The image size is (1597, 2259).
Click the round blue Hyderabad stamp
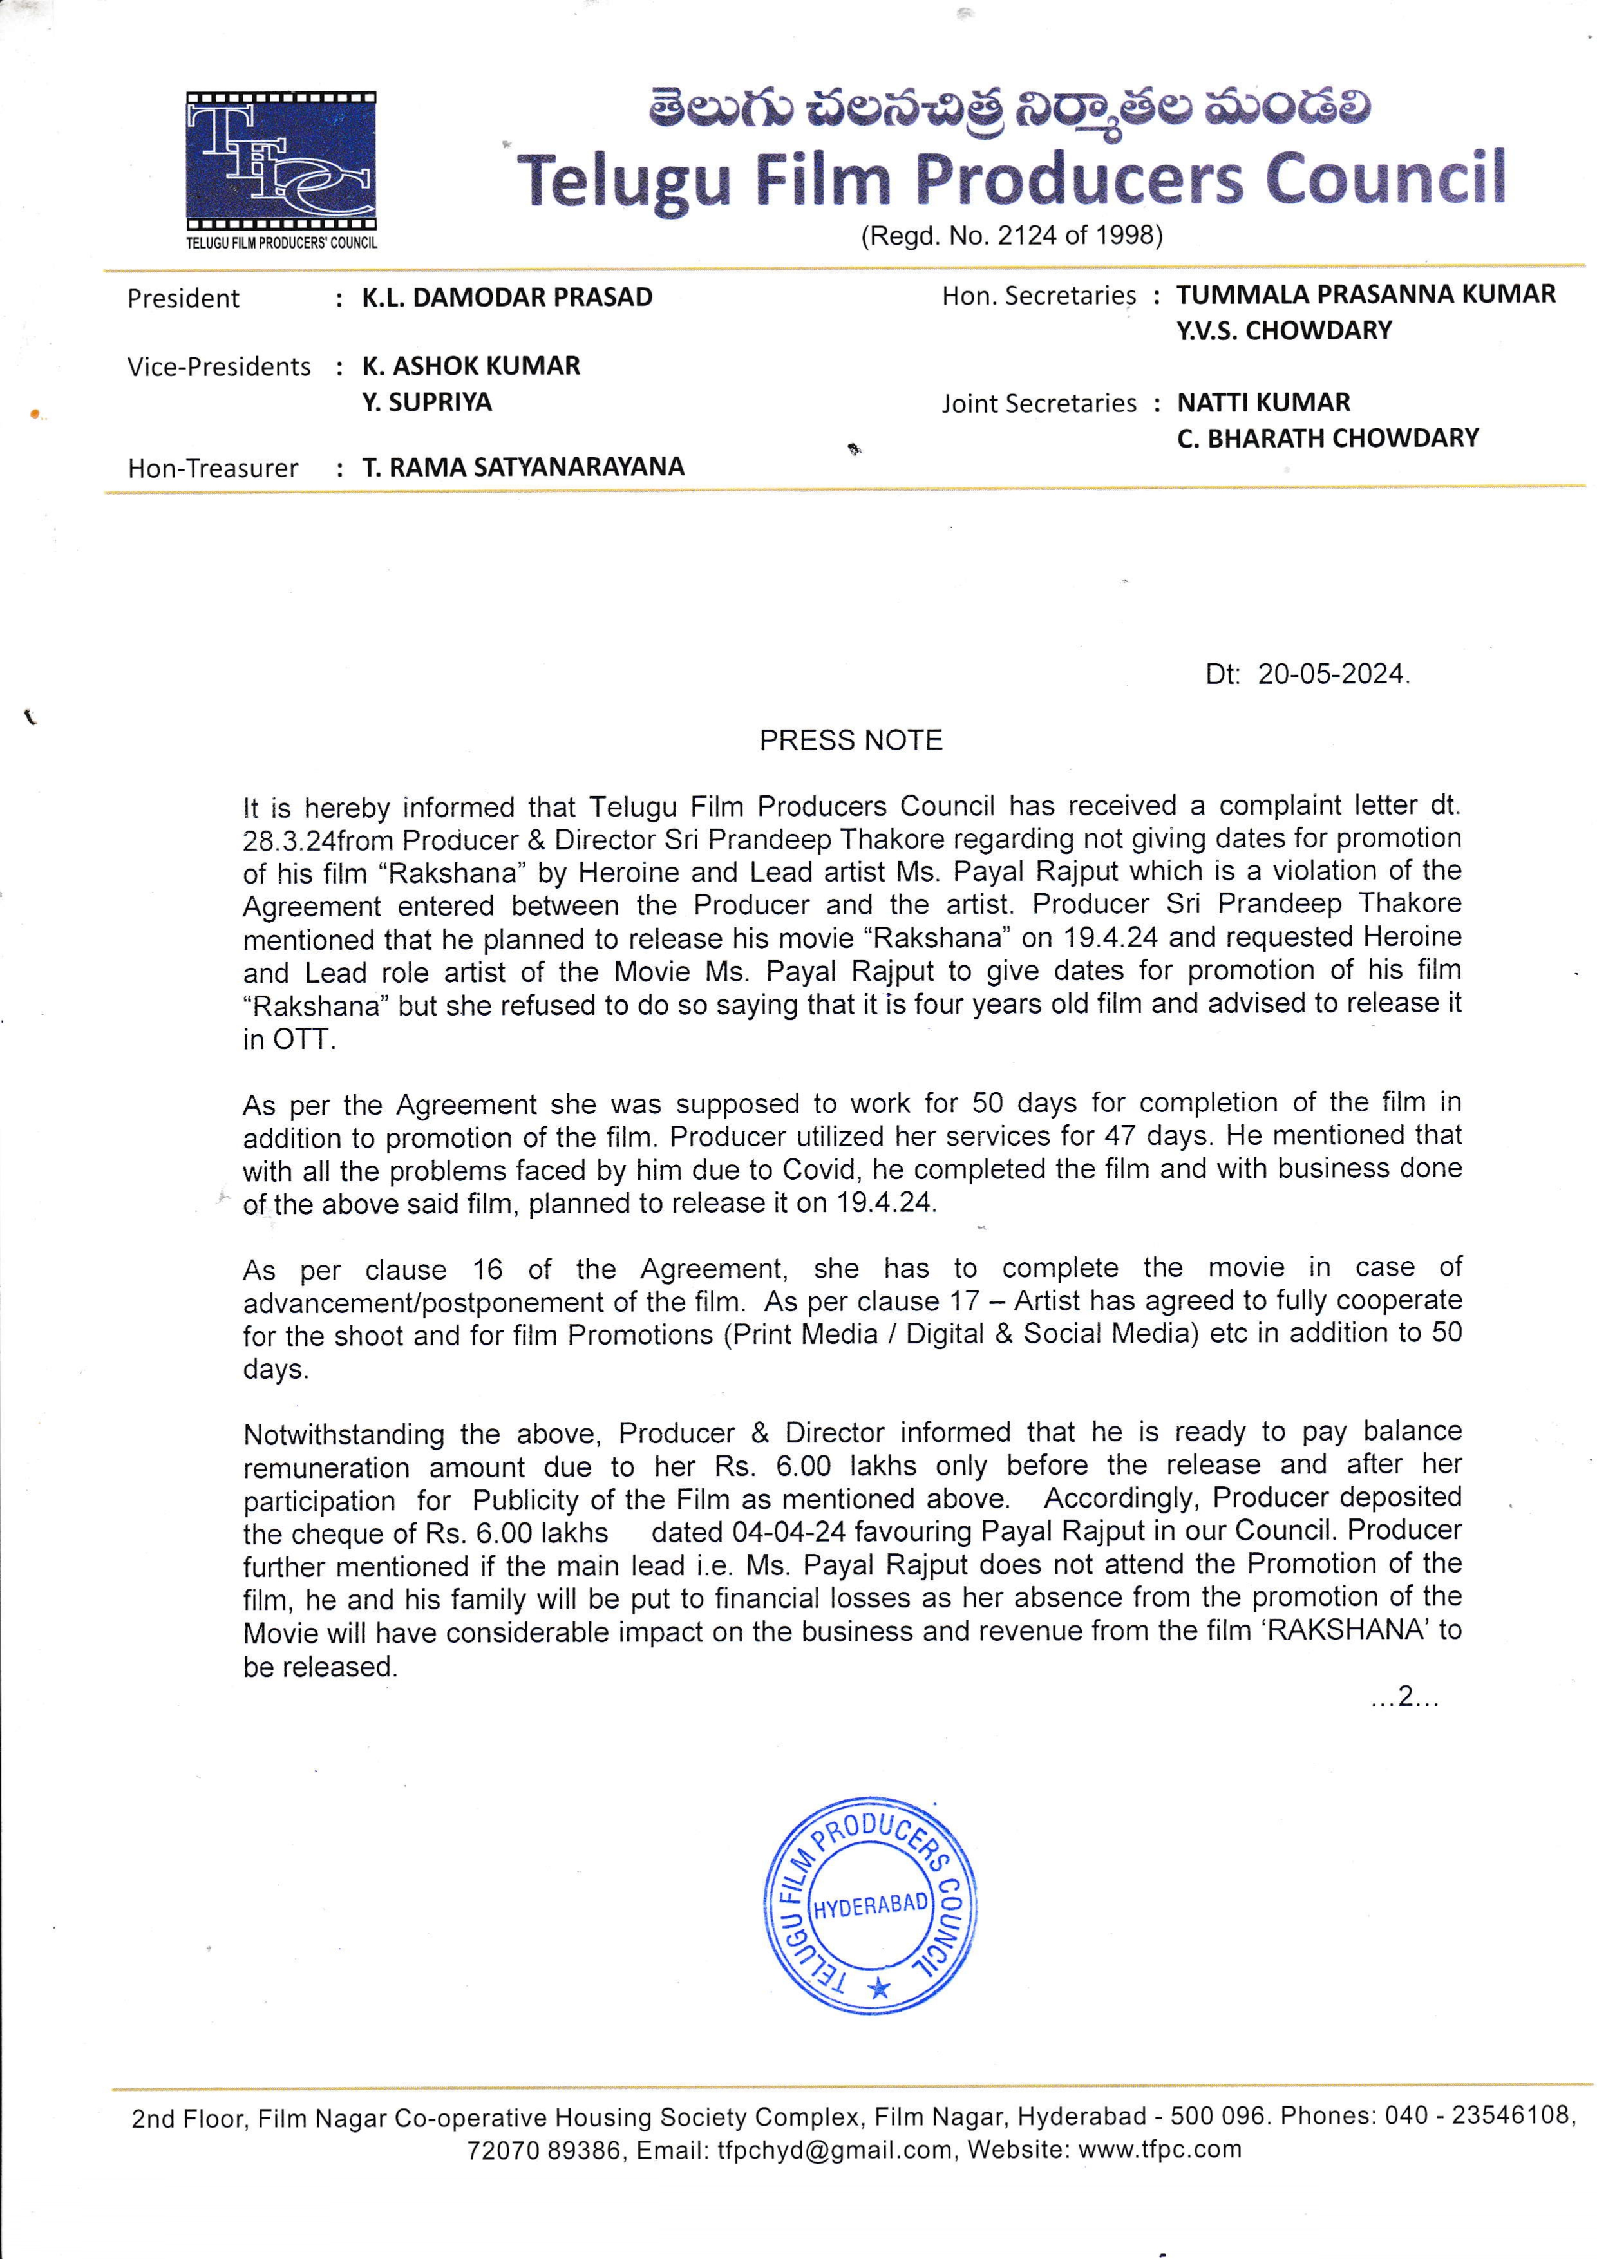[870, 1905]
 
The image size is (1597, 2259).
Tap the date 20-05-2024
[1332, 674]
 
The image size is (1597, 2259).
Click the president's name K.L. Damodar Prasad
[507, 297]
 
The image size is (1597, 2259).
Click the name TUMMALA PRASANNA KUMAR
[1366, 294]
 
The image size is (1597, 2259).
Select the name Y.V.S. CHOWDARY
[1284, 330]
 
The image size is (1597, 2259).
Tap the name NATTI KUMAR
[1263, 402]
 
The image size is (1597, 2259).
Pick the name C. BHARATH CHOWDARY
[1327, 438]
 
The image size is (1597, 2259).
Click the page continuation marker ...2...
[1404, 1696]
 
